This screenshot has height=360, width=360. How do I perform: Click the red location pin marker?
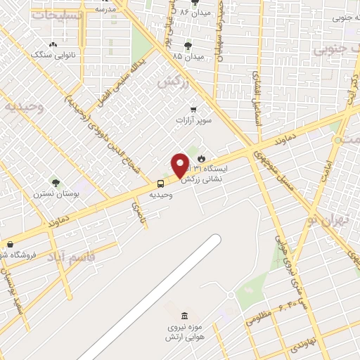tap(181, 165)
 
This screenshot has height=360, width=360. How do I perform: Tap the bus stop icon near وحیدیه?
tap(161, 184)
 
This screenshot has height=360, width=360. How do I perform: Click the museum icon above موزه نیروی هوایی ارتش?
tap(184, 315)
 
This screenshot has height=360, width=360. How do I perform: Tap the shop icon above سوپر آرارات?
tap(193, 110)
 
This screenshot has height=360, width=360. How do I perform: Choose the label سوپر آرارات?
tap(193, 120)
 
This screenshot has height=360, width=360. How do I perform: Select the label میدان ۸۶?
tap(195, 13)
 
